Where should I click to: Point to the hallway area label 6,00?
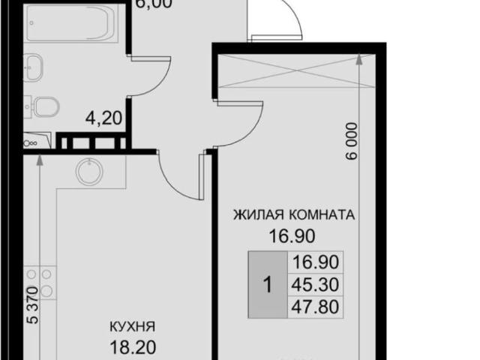154,4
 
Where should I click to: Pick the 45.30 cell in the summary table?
316,283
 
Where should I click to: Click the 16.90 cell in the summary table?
316,262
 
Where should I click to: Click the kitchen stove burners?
46,282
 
